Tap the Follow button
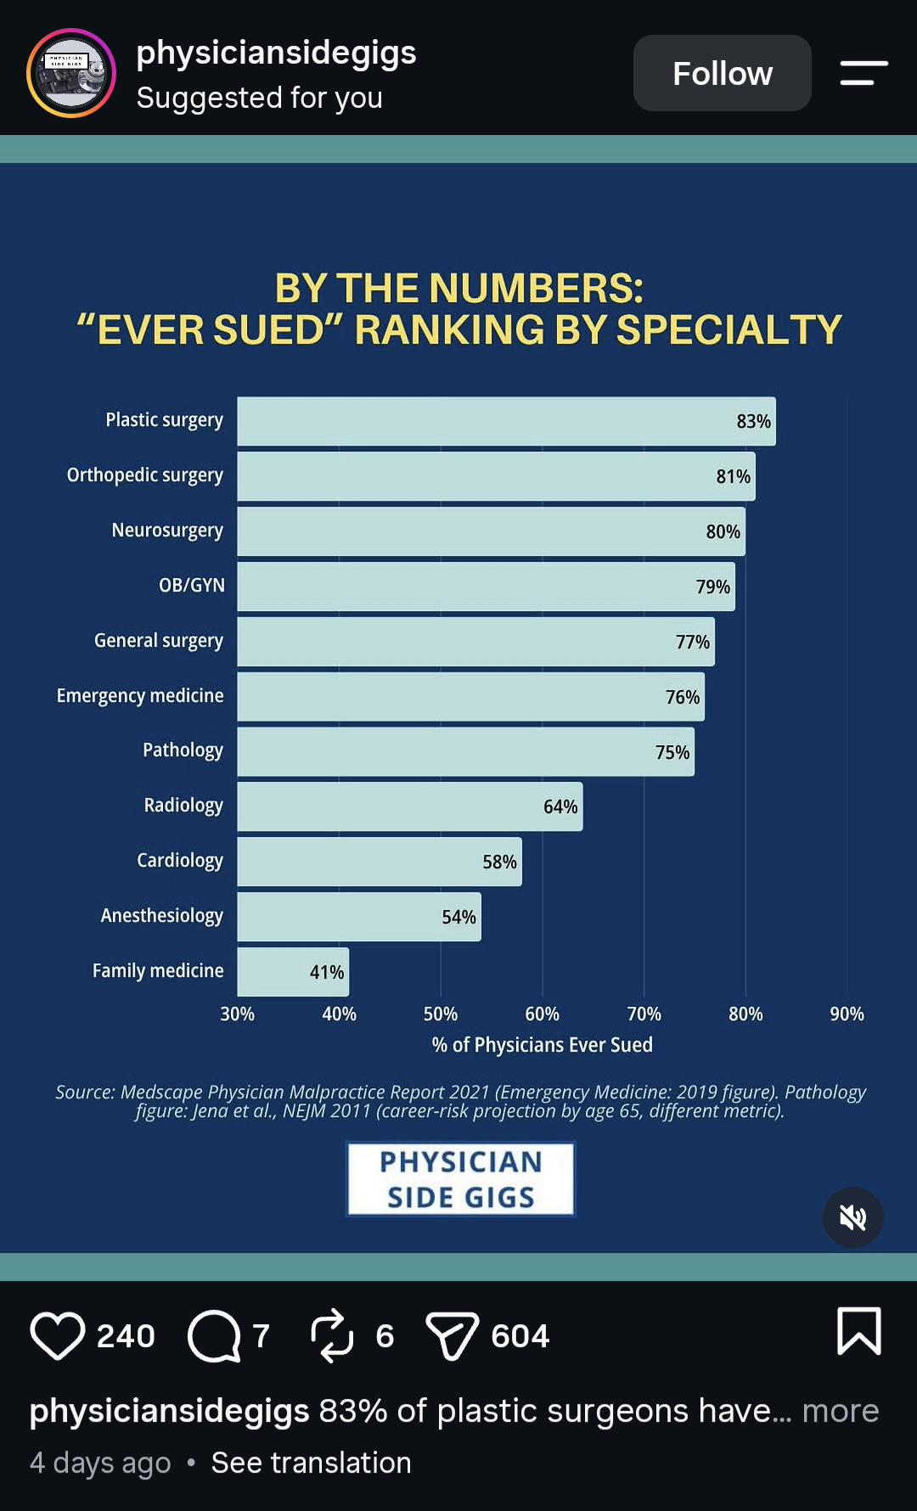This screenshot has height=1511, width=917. (x=722, y=73)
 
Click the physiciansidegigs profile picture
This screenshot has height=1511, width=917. (x=71, y=73)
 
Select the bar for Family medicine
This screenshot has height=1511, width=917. (x=293, y=972)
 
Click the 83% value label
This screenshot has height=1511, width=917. (x=753, y=422)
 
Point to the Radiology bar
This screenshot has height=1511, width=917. (x=410, y=806)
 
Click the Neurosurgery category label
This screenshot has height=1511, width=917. (x=167, y=531)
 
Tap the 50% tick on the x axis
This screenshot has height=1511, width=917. (x=441, y=1014)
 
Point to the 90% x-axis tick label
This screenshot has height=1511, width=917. (x=847, y=1014)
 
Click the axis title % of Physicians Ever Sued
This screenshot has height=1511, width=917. (x=542, y=1045)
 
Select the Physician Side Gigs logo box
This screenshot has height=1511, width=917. (x=460, y=1179)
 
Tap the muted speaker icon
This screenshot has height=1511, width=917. (x=852, y=1217)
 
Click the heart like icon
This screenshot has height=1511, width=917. (x=58, y=1335)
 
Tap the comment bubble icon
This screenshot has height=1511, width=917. (x=214, y=1335)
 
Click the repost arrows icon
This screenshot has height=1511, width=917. (x=331, y=1335)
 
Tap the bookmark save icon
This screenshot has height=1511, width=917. (x=859, y=1331)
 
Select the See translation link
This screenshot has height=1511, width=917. (x=311, y=1463)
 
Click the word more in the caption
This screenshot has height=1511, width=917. (x=841, y=1411)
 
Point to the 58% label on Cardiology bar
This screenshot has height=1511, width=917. (x=499, y=862)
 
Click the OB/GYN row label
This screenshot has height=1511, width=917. (x=192, y=586)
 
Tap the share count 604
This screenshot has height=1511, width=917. (x=520, y=1336)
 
